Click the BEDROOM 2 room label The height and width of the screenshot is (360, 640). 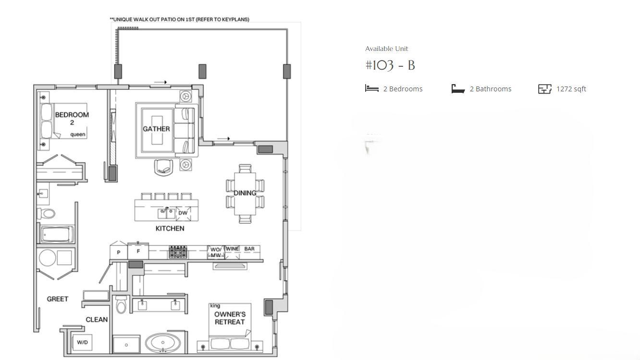click(x=72, y=119)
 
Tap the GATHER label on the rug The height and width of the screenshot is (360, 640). click(x=156, y=129)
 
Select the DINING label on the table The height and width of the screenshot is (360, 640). click(x=245, y=193)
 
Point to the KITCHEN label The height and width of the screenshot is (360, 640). click(x=170, y=229)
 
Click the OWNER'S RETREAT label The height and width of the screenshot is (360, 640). click(x=230, y=318)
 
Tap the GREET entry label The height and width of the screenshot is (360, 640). click(x=58, y=299)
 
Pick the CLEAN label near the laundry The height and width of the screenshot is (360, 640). click(x=97, y=320)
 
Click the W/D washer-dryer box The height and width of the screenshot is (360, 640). click(x=82, y=342)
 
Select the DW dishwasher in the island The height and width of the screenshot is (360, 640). click(x=183, y=213)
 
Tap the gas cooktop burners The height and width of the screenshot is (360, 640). click(x=178, y=252)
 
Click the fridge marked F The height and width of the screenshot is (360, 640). click(x=138, y=251)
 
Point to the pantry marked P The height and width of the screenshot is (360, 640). click(x=119, y=251)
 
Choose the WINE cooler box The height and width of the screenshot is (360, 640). click(x=232, y=252)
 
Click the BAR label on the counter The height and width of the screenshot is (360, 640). click(x=249, y=249)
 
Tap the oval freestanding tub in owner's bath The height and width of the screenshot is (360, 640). click(x=163, y=343)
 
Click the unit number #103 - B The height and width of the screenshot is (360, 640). click(x=390, y=65)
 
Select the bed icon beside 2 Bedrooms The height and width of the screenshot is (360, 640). click(x=372, y=88)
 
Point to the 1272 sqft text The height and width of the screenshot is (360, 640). click(x=571, y=89)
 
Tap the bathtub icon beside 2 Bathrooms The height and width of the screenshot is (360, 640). click(x=458, y=89)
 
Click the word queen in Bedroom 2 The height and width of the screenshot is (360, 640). click(x=78, y=135)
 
